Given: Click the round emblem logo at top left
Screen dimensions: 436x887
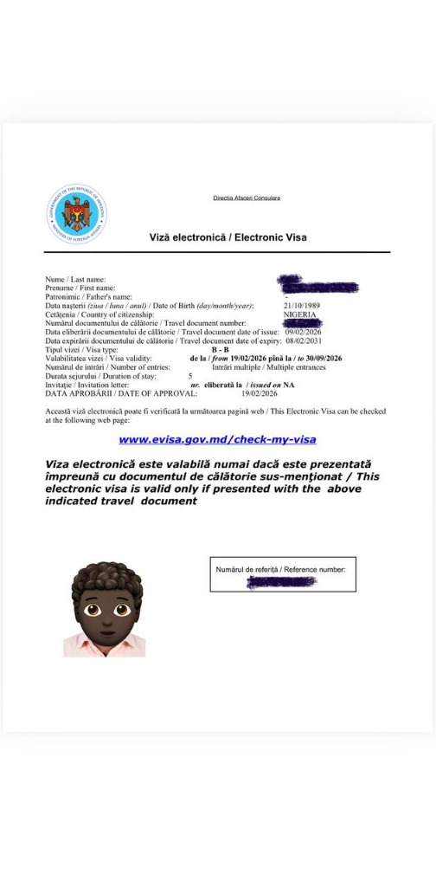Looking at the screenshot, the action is tap(77, 214).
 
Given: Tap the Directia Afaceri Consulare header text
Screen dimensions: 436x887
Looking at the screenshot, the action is tap(247, 197).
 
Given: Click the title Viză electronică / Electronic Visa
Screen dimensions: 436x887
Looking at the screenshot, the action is tap(228, 236).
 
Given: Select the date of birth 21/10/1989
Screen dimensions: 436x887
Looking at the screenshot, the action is tap(301, 306).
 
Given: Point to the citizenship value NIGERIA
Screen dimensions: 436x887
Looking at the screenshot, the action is tap(299, 314).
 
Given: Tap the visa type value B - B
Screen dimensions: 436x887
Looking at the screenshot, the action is tap(221, 349).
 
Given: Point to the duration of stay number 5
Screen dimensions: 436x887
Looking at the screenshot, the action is tap(190, 376).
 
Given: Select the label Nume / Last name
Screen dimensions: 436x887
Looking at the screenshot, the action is tap(75, 279).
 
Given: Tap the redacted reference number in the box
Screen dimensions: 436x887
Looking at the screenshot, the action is tap(281, 582).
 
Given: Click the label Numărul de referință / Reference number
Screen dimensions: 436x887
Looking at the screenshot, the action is tap(280, 569).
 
